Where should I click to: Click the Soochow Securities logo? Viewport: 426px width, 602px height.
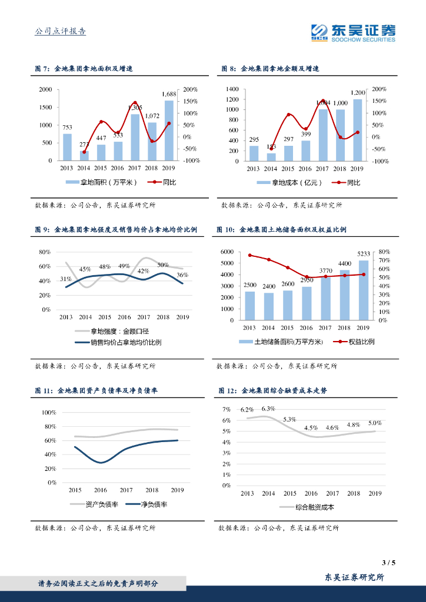353,33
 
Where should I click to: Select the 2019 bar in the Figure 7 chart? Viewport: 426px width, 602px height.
169,131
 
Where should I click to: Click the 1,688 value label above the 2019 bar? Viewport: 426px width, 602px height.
169,94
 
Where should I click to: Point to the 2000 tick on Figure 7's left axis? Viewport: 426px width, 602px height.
45,89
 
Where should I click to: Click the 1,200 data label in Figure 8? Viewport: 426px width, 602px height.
358,93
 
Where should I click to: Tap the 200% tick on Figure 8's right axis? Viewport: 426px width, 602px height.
379,89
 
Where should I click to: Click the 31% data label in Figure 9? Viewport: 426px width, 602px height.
66,279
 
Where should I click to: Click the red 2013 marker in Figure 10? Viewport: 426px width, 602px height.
249,255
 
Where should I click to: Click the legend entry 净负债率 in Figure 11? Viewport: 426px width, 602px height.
149,504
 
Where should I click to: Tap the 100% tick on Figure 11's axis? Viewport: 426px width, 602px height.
48,413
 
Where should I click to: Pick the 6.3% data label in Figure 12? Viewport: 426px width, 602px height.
268,409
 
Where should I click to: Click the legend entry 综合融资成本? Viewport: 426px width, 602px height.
311,507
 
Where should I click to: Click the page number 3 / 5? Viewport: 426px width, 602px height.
389,563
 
